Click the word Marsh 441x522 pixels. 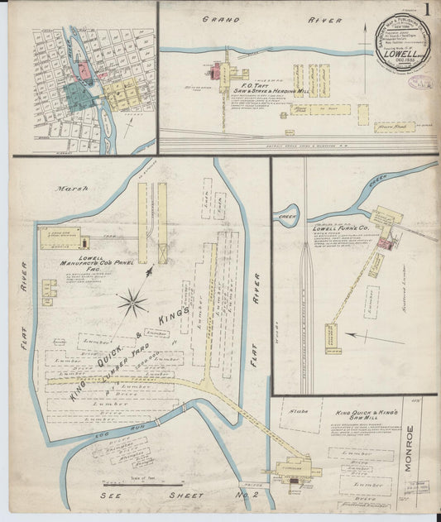pos(66,189)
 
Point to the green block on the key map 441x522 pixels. pos(78,95)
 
